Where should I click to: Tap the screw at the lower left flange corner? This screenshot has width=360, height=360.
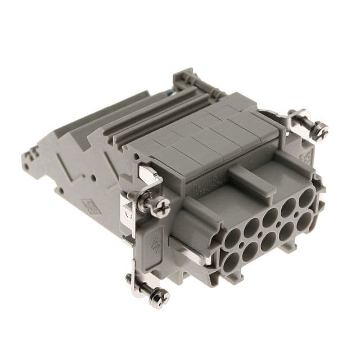coord(159,296)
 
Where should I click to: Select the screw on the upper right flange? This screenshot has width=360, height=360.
coord(319,130)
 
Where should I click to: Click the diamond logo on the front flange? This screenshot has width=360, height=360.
coord(156,246)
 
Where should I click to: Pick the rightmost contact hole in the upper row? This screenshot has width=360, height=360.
coord(305,199)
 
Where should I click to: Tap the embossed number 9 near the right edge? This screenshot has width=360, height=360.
coord(273,150)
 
